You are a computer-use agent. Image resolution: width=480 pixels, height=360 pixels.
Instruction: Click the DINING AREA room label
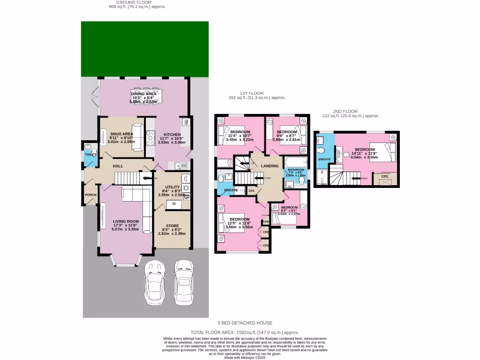coord(143,94)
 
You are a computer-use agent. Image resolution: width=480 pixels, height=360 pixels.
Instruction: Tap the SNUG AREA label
coord(121,134)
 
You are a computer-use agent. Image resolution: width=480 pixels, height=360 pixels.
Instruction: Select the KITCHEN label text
coord(172,134)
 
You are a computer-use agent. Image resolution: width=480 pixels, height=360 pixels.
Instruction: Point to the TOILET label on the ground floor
coord(90,154)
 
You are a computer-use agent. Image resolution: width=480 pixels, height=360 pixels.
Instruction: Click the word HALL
coord(118,166)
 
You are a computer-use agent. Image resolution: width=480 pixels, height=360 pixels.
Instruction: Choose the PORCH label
coord(90,195)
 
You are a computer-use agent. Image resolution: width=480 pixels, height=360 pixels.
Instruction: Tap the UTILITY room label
coord(172,187)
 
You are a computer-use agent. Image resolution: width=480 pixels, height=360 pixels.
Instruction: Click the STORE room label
coord(172,226)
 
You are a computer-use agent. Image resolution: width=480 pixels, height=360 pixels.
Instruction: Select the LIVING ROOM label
coord(126,221)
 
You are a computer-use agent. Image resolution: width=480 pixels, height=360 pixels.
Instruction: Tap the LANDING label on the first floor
coord(270,166)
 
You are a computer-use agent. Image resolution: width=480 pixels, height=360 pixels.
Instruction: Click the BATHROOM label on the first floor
coord(296,170)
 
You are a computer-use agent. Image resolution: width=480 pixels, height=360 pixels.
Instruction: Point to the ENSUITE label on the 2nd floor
coord(324,159)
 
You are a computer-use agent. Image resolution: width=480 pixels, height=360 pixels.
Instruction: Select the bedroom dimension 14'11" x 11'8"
coord(364,153)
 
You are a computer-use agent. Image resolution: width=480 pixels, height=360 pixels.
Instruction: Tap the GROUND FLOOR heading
coord(137,2)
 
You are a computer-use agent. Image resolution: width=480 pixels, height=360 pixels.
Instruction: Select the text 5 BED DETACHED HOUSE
coord(245,323)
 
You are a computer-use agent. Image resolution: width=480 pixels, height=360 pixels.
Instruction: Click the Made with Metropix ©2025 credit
coord(245,357)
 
